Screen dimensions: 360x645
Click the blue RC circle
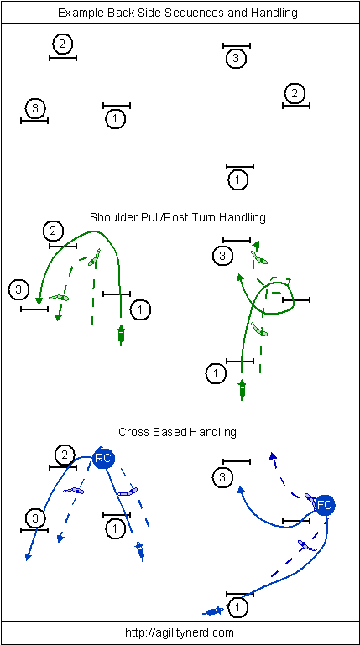click(103, 458)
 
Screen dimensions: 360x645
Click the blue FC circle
click(325, 505)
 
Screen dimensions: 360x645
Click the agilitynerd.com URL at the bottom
click(179, 632)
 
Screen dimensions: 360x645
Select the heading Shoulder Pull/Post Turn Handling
click(178, 216)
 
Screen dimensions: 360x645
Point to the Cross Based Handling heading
click(177, 432)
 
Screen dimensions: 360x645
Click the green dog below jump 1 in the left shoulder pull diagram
click(121, 334)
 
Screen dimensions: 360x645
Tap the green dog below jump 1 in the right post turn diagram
click(242, 389)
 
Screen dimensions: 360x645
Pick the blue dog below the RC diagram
click(141, 551)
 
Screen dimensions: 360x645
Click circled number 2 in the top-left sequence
click(63, 44)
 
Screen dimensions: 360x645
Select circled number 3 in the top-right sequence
click(236, 58)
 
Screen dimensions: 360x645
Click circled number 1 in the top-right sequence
click(237, 179)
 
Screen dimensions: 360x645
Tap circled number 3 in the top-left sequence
click(35, 108)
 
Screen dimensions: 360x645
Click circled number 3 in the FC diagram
click(223, 477)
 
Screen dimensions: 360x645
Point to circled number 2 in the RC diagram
click(65, 455)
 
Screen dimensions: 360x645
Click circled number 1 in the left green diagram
click(141, 309)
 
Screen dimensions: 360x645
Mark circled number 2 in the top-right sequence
click(295, 93)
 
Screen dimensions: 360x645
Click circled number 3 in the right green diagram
click(223, 256)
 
